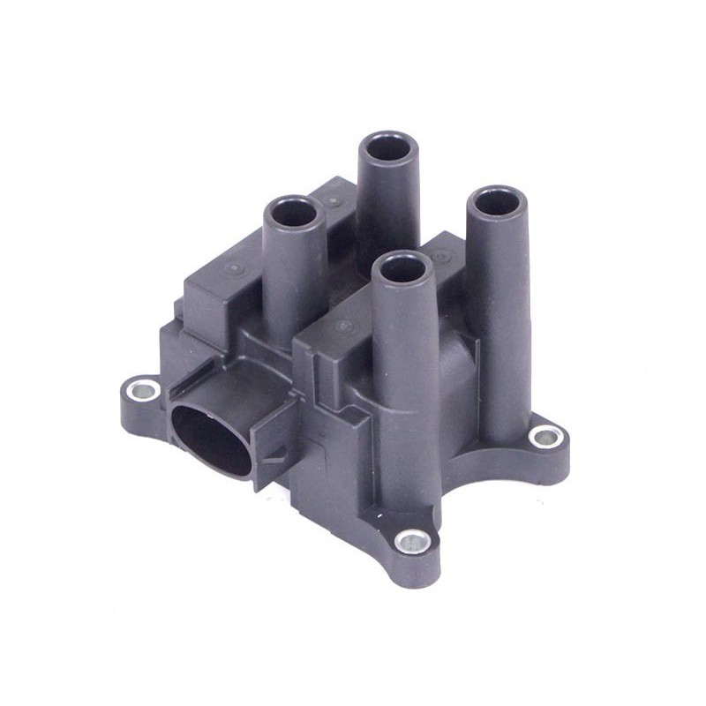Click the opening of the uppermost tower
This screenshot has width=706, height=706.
[x=388, y=146]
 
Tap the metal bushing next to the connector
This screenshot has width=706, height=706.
[x=142, y=388]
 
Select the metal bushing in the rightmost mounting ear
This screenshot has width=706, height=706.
[x=546, y=435]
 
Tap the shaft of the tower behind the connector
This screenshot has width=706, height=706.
[x=296, y=282]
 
